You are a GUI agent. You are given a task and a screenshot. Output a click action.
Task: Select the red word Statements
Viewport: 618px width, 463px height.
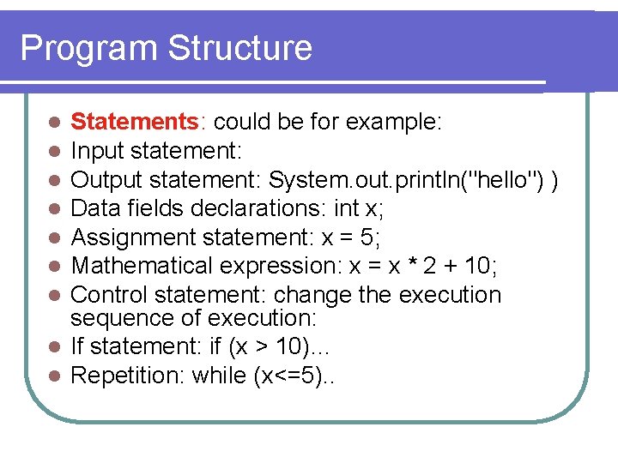pyautogui.click(x=135, y=123)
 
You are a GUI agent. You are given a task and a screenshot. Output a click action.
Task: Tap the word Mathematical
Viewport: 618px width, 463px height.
pyautogui.click(x=142, y=266)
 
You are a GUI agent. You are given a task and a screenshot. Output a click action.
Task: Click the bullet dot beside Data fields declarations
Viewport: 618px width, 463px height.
pyautogui.click(x=54, y=208)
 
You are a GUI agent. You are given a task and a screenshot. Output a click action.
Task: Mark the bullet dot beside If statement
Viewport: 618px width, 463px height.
pyautogui.click(x=54, y=347)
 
